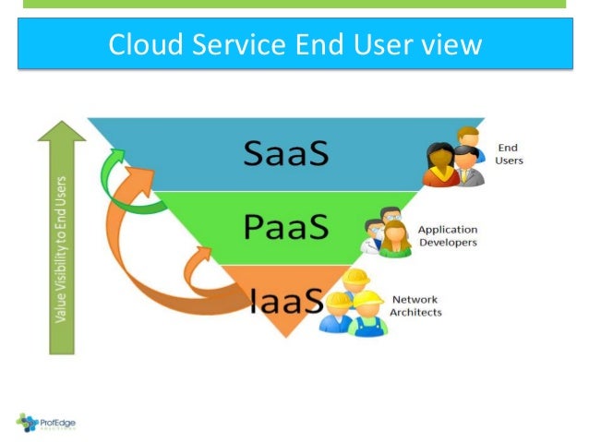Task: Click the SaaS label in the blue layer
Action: (286, 152)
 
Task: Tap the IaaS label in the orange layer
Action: (288, 300)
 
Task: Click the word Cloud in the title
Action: (138, 44)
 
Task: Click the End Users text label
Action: (510, 153)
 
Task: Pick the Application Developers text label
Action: (448, 236)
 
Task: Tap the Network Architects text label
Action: (415, 306)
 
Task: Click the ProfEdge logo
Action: (46, 423)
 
